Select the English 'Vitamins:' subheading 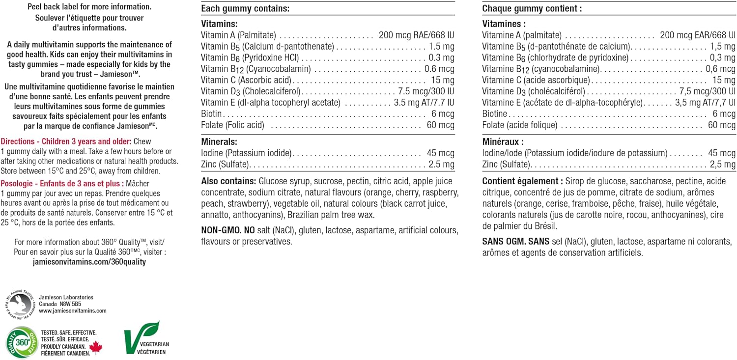pyautogui.click(x=219, y=24)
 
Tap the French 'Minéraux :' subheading pyautogui.click(x=503, y=142)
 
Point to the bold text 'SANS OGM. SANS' pyautogui.click(x=514, y=242)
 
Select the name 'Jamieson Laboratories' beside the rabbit pyautogui.click(x=66, y=298)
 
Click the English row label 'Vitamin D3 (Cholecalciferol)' pyautogui.click(x=251, y=91)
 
